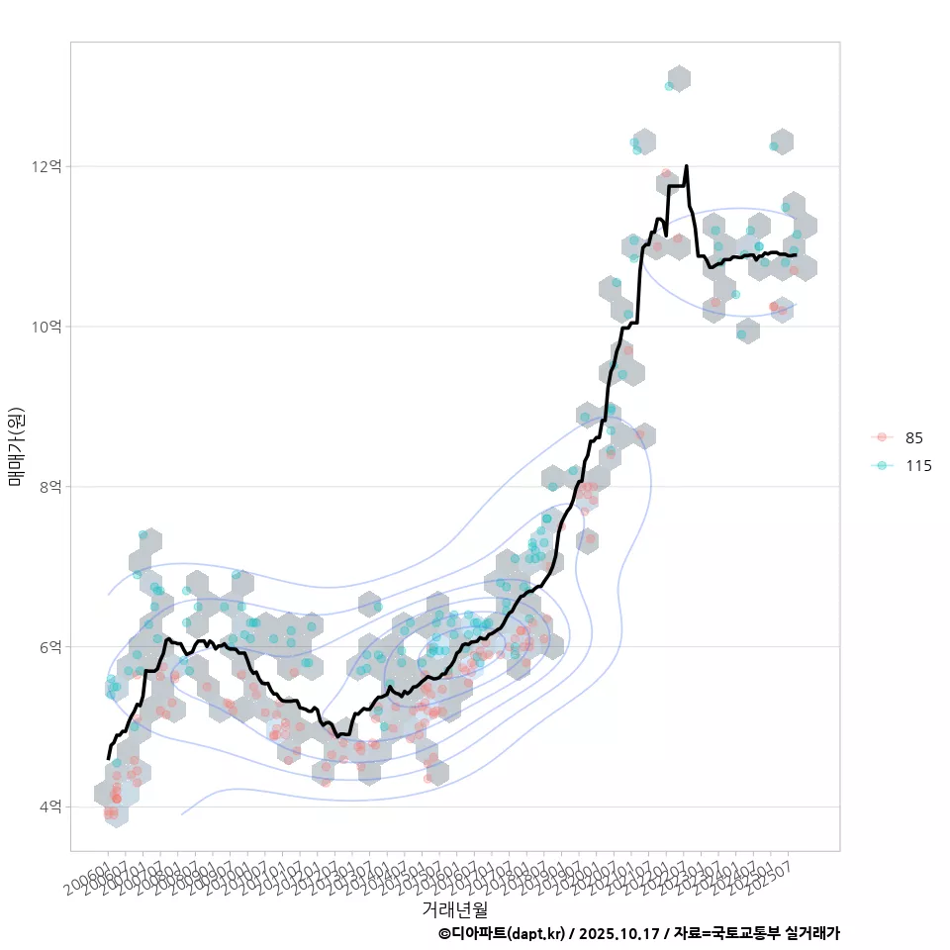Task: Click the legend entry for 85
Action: (x=913, y=437)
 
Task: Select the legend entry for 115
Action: (x=917, y=465)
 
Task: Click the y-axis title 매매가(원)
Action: (x=16, y=446)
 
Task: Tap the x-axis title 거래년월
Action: (x=454, y=908)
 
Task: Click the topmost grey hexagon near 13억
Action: (x=678, y=78)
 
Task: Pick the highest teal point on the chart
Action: (x=670, y=87)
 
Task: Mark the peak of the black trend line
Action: (x=686, y=166)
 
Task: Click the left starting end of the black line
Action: (x=109, y=758)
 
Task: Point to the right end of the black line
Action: (x=796, y=255)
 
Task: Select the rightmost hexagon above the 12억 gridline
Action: (x=782, y=142)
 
